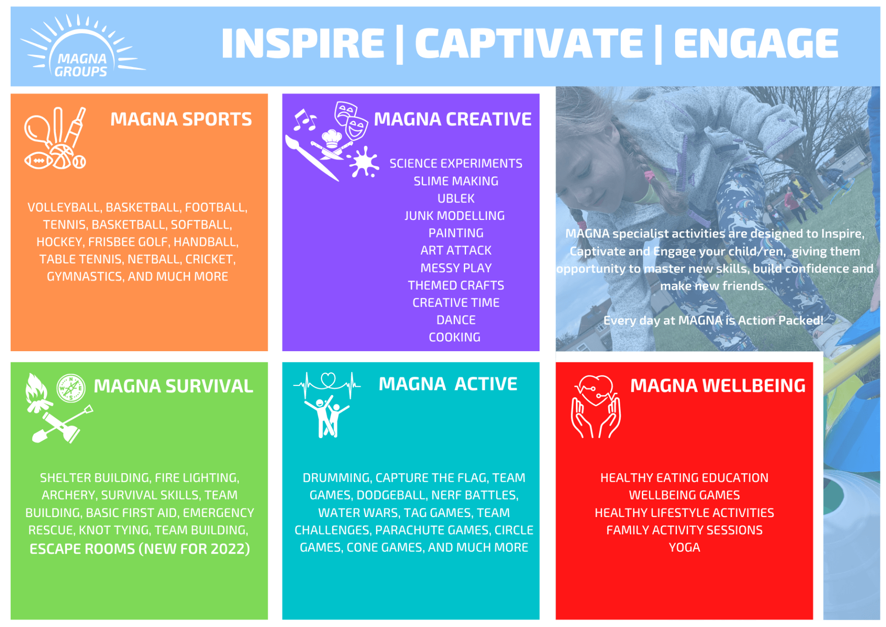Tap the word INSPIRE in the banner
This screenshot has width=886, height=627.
click(x=303, y=43)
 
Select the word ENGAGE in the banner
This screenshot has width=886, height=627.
click(x=756, y=43)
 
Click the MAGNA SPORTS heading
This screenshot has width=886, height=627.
click(x=181, y=119)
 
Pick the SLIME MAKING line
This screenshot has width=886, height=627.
click(x=456, y=181)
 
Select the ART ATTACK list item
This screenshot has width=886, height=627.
click(x=456, y=250)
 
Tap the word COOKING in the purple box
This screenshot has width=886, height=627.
click(x=455, y=337)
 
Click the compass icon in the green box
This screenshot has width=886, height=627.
click(x=71, y=388)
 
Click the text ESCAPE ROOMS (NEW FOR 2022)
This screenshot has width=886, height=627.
click(x=140, y=549)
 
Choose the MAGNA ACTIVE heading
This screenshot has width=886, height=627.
click(x=448, y=384)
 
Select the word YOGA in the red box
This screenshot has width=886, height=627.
click(x=684, y=548)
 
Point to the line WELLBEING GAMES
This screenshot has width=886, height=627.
click(x=684, y=495)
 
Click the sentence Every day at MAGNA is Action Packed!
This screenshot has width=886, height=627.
click(x=713, y=320)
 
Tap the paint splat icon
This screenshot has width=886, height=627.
click(x=364, y=162)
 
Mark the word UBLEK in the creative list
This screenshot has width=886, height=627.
click(x=456, y=199)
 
